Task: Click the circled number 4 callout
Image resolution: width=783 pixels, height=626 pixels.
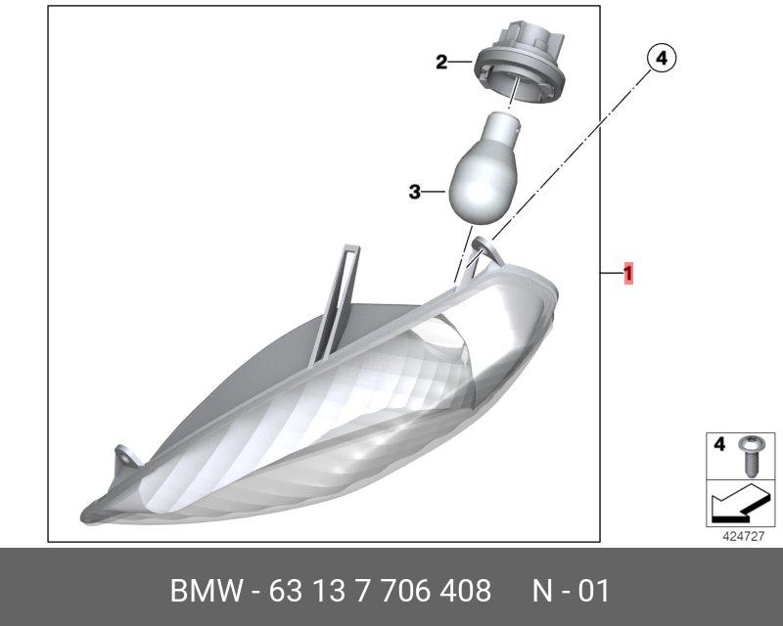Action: click(x=662, y=59)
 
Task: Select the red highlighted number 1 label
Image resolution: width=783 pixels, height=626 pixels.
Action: click(x=627, y=273)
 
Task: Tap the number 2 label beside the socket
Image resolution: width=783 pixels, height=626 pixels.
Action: click(x=441, y=63)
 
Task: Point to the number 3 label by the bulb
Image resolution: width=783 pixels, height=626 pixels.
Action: click(x=414, y=192)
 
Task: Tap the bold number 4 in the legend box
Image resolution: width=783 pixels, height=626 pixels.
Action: click(x=719, y=444)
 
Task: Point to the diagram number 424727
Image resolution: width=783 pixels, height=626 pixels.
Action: click(x=744, y=536)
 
